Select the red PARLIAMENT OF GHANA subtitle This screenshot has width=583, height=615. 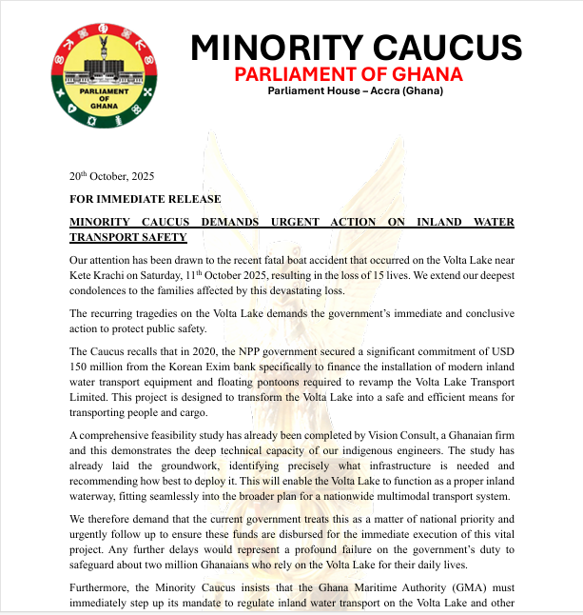(x=349, y=73)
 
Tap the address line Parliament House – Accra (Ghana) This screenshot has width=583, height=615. (x=355, y=91)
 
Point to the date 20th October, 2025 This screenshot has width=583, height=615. (x=111, y=176)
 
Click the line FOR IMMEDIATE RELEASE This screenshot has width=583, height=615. (x=145, y=199)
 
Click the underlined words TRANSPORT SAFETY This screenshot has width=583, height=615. (x=128, y=237)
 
